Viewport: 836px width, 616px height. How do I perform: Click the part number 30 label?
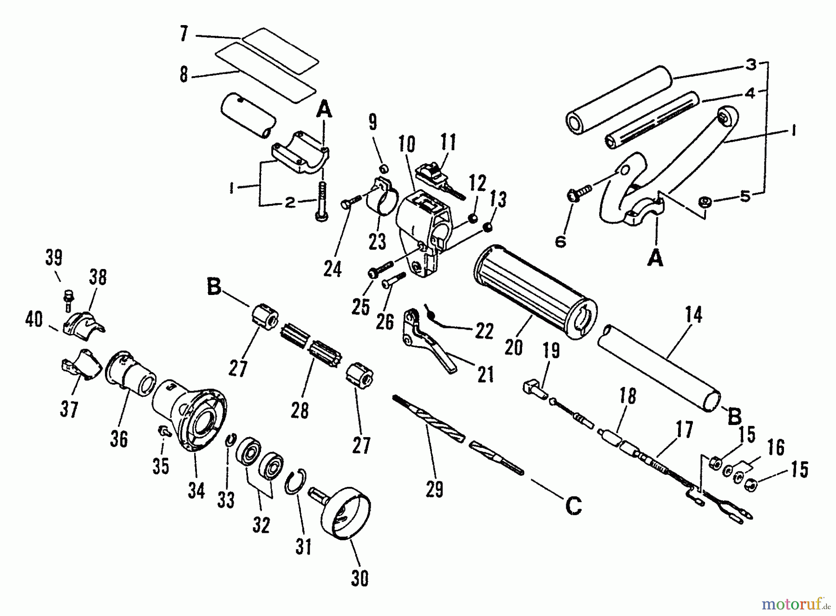pyautogui.click(x=360, y=579)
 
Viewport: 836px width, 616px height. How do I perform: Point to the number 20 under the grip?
pyautogui.click(x=514, y=347)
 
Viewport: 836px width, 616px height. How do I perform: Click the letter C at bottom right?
pyautogui.click(x=574, y=506)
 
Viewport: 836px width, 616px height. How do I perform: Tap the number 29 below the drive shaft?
pyautogui.click(x=434, y=489)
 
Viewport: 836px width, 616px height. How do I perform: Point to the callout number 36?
pyautogui.click(x=118, y=438)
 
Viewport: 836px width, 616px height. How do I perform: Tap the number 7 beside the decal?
pyautogui.click(x=184, y=34)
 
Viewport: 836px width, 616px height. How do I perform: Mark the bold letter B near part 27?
pyautogui.click(x=214, y=288)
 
